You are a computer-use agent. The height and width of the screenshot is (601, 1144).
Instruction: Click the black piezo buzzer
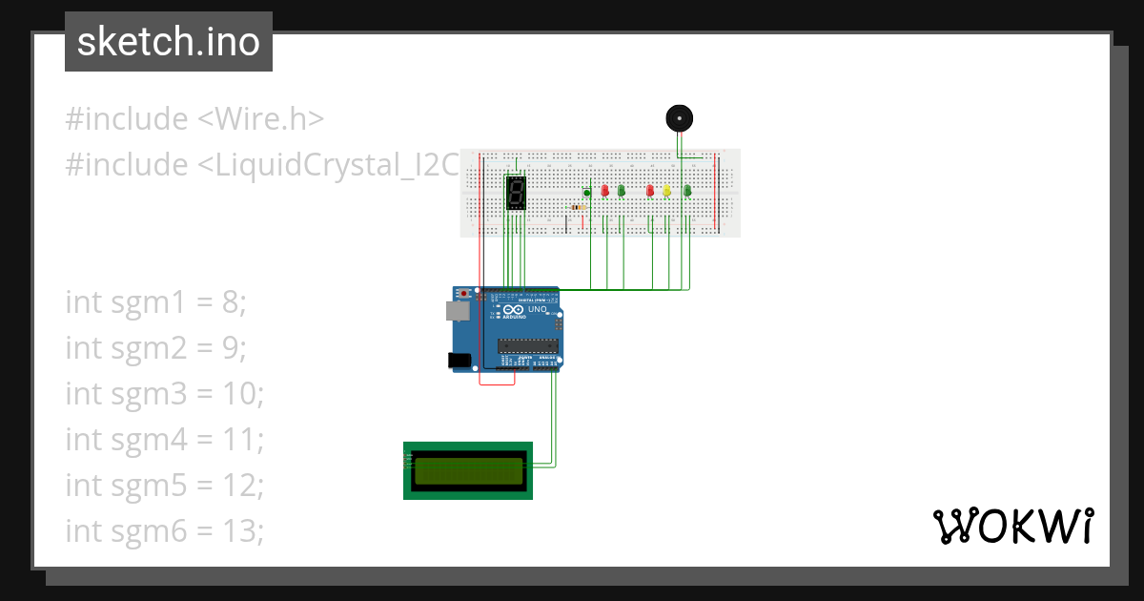point(679,118)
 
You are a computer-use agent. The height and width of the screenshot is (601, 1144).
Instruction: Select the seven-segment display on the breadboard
point(516,194)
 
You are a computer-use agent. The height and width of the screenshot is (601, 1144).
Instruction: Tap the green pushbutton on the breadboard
point(587,193)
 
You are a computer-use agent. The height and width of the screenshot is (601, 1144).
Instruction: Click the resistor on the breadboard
point(577,206)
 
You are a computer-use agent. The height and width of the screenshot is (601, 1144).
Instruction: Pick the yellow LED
point(667,191)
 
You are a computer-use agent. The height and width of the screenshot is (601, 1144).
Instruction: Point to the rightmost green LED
point(686,191)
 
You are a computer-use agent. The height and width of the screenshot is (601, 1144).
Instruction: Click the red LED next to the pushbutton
point(604,191)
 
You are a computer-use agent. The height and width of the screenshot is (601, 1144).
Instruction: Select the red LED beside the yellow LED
point(650,191)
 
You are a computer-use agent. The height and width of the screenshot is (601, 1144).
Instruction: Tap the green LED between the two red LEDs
point(622,191)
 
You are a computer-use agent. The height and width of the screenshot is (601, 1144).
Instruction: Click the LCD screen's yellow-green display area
point(469,470)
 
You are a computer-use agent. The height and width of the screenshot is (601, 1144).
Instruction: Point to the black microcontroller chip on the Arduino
point(527,345)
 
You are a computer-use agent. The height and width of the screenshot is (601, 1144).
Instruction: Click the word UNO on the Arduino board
point(536,310)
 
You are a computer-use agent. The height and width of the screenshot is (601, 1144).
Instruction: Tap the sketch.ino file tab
point(169,42)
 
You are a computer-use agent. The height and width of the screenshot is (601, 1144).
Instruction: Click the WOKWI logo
point(1013,526)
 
